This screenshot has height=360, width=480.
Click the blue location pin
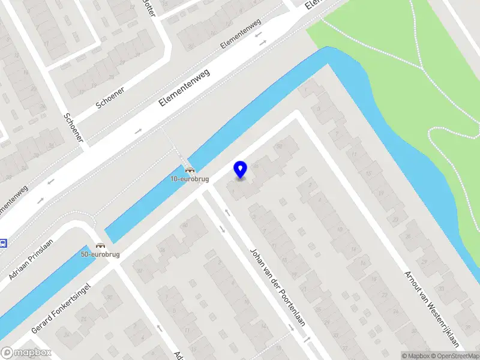(x=241, y=169)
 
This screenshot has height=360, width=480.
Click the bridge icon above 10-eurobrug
(x=190, y=170)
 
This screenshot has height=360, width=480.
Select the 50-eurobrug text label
(x=100, y=255)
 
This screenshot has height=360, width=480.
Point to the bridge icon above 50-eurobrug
(x=100, y=246)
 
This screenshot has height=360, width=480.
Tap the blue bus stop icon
(x=2, y=243)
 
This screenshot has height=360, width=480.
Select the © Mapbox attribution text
(x=417, y=356)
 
